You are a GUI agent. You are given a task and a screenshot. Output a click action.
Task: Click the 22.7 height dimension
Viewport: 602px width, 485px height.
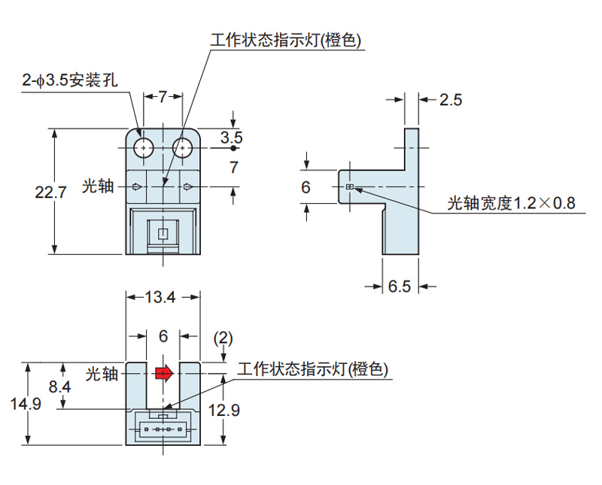click(x=51, y=192)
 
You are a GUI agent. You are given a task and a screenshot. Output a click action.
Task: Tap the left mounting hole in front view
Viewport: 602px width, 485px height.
click(x=143, y=148)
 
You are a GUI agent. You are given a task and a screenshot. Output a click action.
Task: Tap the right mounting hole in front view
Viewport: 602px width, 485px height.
click(x=182, y=148)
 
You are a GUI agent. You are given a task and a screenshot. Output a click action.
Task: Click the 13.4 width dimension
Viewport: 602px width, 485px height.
click(x=160, y=297)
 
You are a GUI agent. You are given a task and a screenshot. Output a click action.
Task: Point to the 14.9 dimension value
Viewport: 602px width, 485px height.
click(x=26, y=405)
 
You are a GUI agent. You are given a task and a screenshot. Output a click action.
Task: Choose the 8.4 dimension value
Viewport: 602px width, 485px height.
click(x=62, y=387)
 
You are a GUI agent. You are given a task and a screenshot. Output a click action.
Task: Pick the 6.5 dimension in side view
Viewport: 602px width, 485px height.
click(x=400, y=286)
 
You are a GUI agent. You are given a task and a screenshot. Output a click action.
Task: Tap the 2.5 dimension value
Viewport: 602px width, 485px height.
click(x=450, y=100)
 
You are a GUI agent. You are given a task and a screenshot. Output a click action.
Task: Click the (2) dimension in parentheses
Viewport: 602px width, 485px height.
click(x=223, y=338)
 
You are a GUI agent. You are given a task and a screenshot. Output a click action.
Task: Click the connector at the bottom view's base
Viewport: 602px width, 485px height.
click(x=163, y=429)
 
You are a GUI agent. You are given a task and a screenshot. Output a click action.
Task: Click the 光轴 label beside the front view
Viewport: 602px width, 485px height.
click(x=98, y=186)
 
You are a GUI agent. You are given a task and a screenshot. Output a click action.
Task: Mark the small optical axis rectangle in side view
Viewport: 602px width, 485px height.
click(x=349, y=186)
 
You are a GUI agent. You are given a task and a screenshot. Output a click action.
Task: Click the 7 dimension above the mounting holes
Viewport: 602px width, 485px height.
click(x=163, y=97)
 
